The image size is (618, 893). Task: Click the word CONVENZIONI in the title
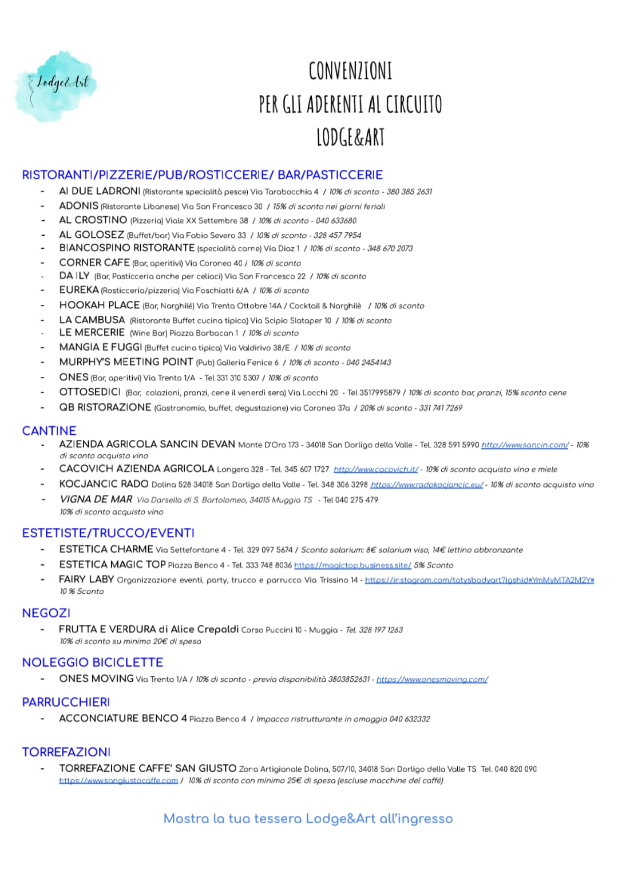pos(350,72)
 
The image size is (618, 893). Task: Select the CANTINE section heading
pos(49,431)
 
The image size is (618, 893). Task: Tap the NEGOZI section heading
pos(46,613)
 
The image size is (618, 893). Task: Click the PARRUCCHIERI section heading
pos(66,702)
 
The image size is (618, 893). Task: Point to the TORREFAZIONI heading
pos(66,752)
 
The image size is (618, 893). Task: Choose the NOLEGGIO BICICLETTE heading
pos(93,662)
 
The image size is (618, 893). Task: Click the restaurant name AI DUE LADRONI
pos(100,191)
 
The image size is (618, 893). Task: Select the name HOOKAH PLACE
pos(100,305)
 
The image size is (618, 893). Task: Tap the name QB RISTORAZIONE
pos(105,407)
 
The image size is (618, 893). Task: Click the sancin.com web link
pos(525,445)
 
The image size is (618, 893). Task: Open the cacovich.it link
pos(376,470)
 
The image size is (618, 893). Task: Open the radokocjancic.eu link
pos(427,485)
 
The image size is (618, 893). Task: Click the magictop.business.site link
pos(352,565)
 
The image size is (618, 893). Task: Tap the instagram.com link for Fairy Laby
pos(480,580)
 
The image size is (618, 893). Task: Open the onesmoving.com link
pos(432,680)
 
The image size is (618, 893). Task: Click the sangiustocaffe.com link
pos(118,781)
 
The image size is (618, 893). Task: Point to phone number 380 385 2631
pos(409,192)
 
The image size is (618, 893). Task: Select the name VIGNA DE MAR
pos(96,499)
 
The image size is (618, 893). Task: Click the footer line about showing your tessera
pos(308,819)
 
